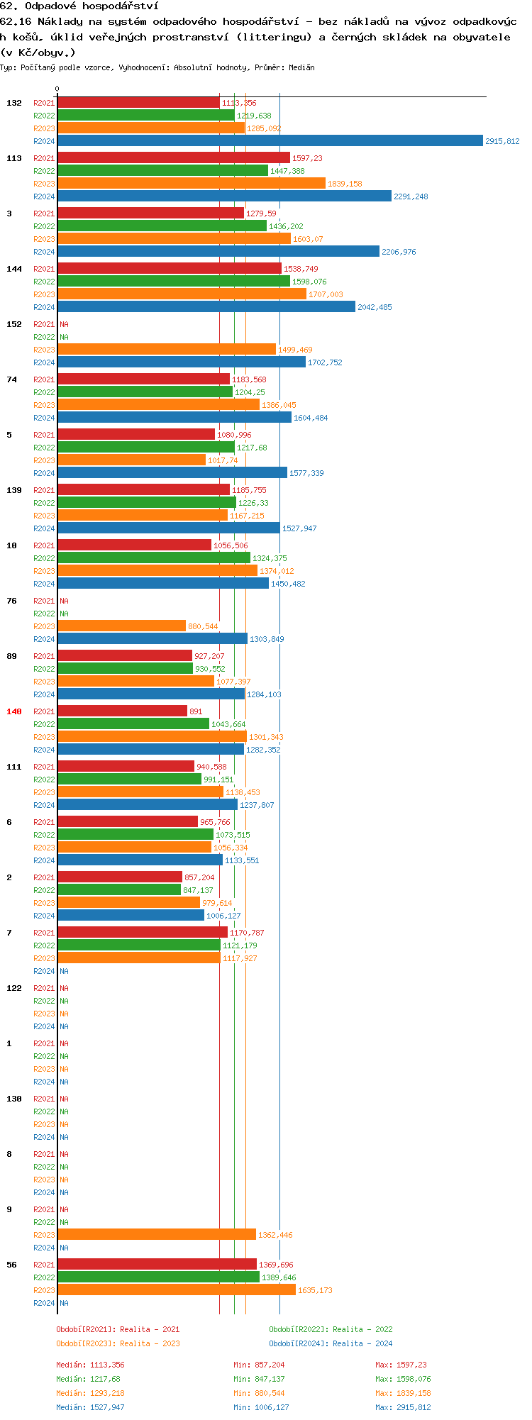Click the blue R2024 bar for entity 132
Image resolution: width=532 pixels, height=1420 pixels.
270,141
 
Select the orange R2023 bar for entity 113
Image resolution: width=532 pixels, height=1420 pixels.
192,184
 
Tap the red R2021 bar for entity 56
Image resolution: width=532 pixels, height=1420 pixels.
157,1265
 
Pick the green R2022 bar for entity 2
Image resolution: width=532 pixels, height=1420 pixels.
119,890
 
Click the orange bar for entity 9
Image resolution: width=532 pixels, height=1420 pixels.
157,1235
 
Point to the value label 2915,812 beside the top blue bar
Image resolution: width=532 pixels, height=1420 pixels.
502,142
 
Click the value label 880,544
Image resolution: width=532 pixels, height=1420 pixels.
203,627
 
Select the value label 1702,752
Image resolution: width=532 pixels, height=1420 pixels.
325,363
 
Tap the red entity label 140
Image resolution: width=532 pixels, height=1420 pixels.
14,711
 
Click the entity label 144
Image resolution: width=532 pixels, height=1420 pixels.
14,269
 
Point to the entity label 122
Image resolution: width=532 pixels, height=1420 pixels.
14,988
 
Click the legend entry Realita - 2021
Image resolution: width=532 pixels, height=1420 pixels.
118,1330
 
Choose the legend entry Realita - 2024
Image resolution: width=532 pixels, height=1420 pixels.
331,1344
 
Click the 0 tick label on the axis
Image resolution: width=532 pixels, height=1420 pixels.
57,89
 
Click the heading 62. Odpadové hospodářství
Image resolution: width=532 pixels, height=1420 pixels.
79,6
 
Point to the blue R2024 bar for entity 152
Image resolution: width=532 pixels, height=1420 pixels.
182,362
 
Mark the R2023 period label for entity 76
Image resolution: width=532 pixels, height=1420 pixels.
44,627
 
